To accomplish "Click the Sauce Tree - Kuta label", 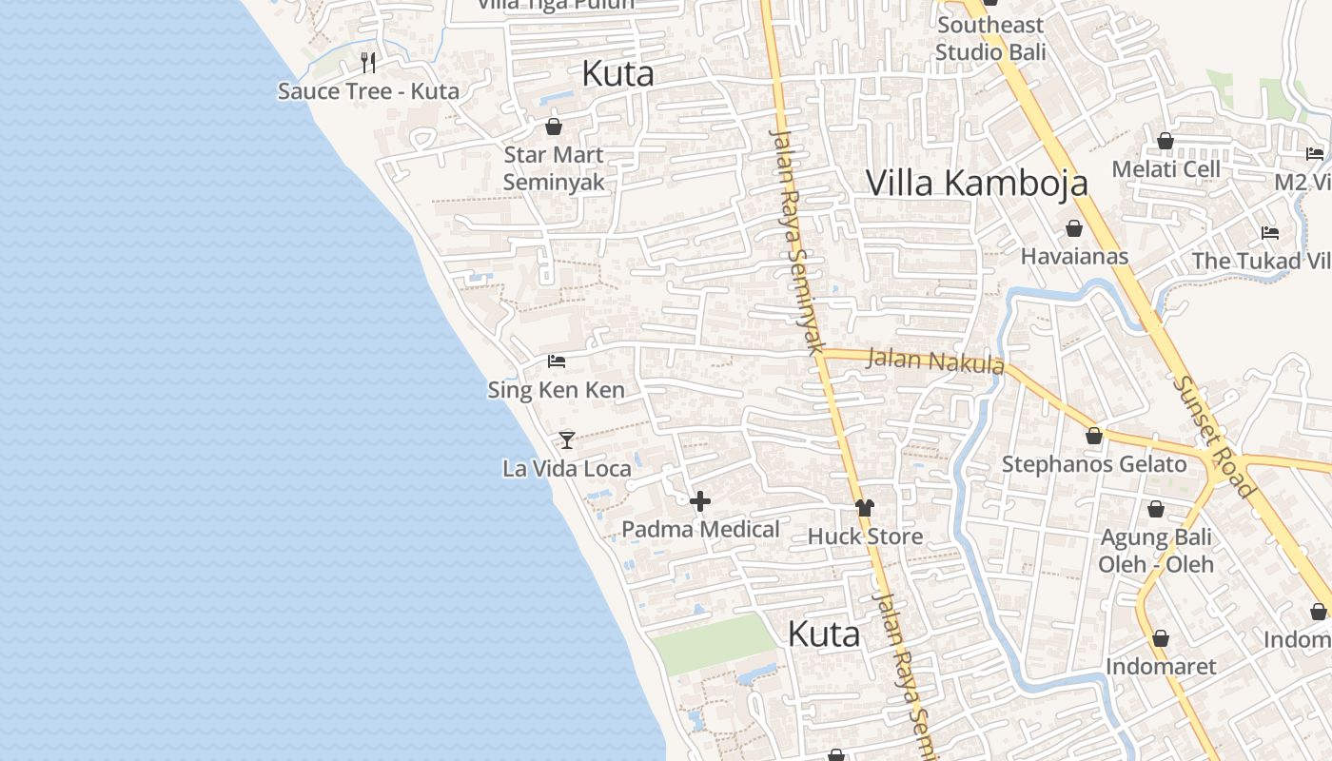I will click(368, 91).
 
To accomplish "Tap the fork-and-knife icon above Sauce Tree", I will click(368, 63).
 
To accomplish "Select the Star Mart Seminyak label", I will click(554, 168).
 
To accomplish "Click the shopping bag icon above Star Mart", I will click(554, 126).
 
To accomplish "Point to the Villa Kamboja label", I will click(976, 183).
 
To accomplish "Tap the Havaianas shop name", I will click(1074, 256).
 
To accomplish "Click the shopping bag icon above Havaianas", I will click(1074, 228).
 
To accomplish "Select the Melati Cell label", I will click(1166, 169).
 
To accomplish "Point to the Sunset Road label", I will click(1216, 436).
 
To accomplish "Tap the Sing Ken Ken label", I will click(557, 389).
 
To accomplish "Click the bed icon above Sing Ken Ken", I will click(557, 361).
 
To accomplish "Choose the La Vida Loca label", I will click(567, 468).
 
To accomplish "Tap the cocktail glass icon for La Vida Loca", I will click(567, 439).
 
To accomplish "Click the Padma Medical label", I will click(700, 529).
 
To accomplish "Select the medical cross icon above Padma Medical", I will click(700, 501).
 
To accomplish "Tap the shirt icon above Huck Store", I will click(864, 508).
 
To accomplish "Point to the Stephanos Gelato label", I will click(1094, 464).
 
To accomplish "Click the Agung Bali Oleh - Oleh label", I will click(1156, 551).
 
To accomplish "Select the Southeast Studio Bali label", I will click(989, 38).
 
